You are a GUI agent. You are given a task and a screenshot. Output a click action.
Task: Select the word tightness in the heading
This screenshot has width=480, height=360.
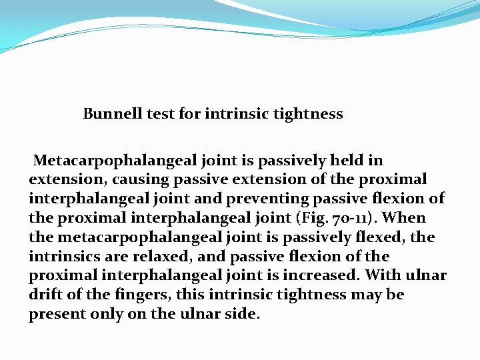(308, 114)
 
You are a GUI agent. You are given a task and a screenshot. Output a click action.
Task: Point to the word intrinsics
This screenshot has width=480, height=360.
(61, 257)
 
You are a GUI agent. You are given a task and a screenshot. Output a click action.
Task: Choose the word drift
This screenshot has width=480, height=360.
(47, 295)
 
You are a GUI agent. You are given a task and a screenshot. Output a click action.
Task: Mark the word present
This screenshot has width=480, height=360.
(56, 314)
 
